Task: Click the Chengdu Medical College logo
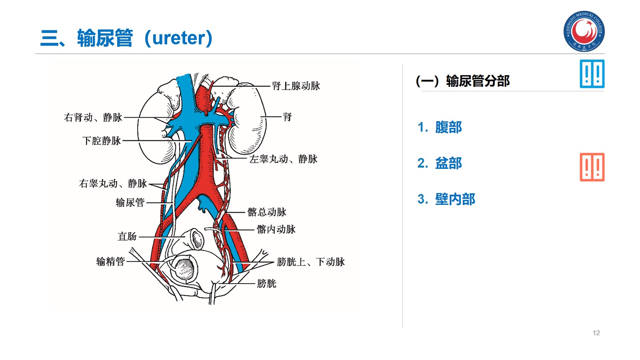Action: pos(584,31)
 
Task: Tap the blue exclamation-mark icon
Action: pos(592,74)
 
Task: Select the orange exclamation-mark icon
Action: pos(592,167)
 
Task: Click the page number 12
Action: pos(596,333)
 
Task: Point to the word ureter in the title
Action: pos(178,38)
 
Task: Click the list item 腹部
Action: pos(448,127)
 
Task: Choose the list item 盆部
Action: pos(448,163)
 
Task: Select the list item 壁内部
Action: pos(455,199)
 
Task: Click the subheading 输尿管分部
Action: pos(478,81)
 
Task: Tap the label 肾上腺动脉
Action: pos(296,86)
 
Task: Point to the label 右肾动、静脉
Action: pos(93,117)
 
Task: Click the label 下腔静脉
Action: pos(102,141)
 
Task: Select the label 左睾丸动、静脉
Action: pos(283,159)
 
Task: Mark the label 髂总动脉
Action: pos(267,212)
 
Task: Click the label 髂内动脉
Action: pos(276,229)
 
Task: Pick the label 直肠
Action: pos(127,236)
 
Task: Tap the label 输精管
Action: pos(110,262)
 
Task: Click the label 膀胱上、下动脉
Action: pos(310,262)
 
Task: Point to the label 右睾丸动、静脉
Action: pos(113,184)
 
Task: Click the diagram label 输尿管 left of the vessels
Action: pos(130,202)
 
